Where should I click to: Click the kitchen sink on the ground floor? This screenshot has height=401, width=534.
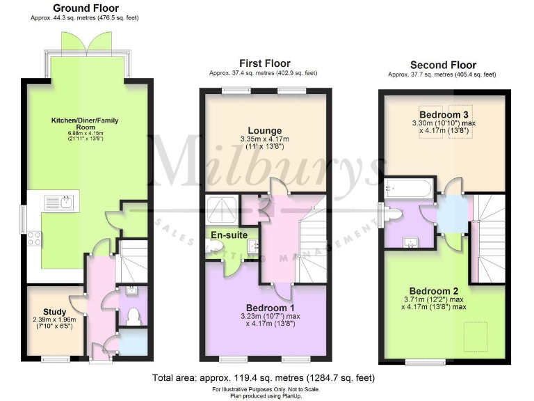[x=58, y=203]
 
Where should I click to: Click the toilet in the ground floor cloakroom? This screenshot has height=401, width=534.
[x=134, y=317]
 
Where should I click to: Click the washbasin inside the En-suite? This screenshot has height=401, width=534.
[x=252, y=244]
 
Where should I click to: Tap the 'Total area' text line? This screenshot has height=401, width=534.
[x=264, y=378]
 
